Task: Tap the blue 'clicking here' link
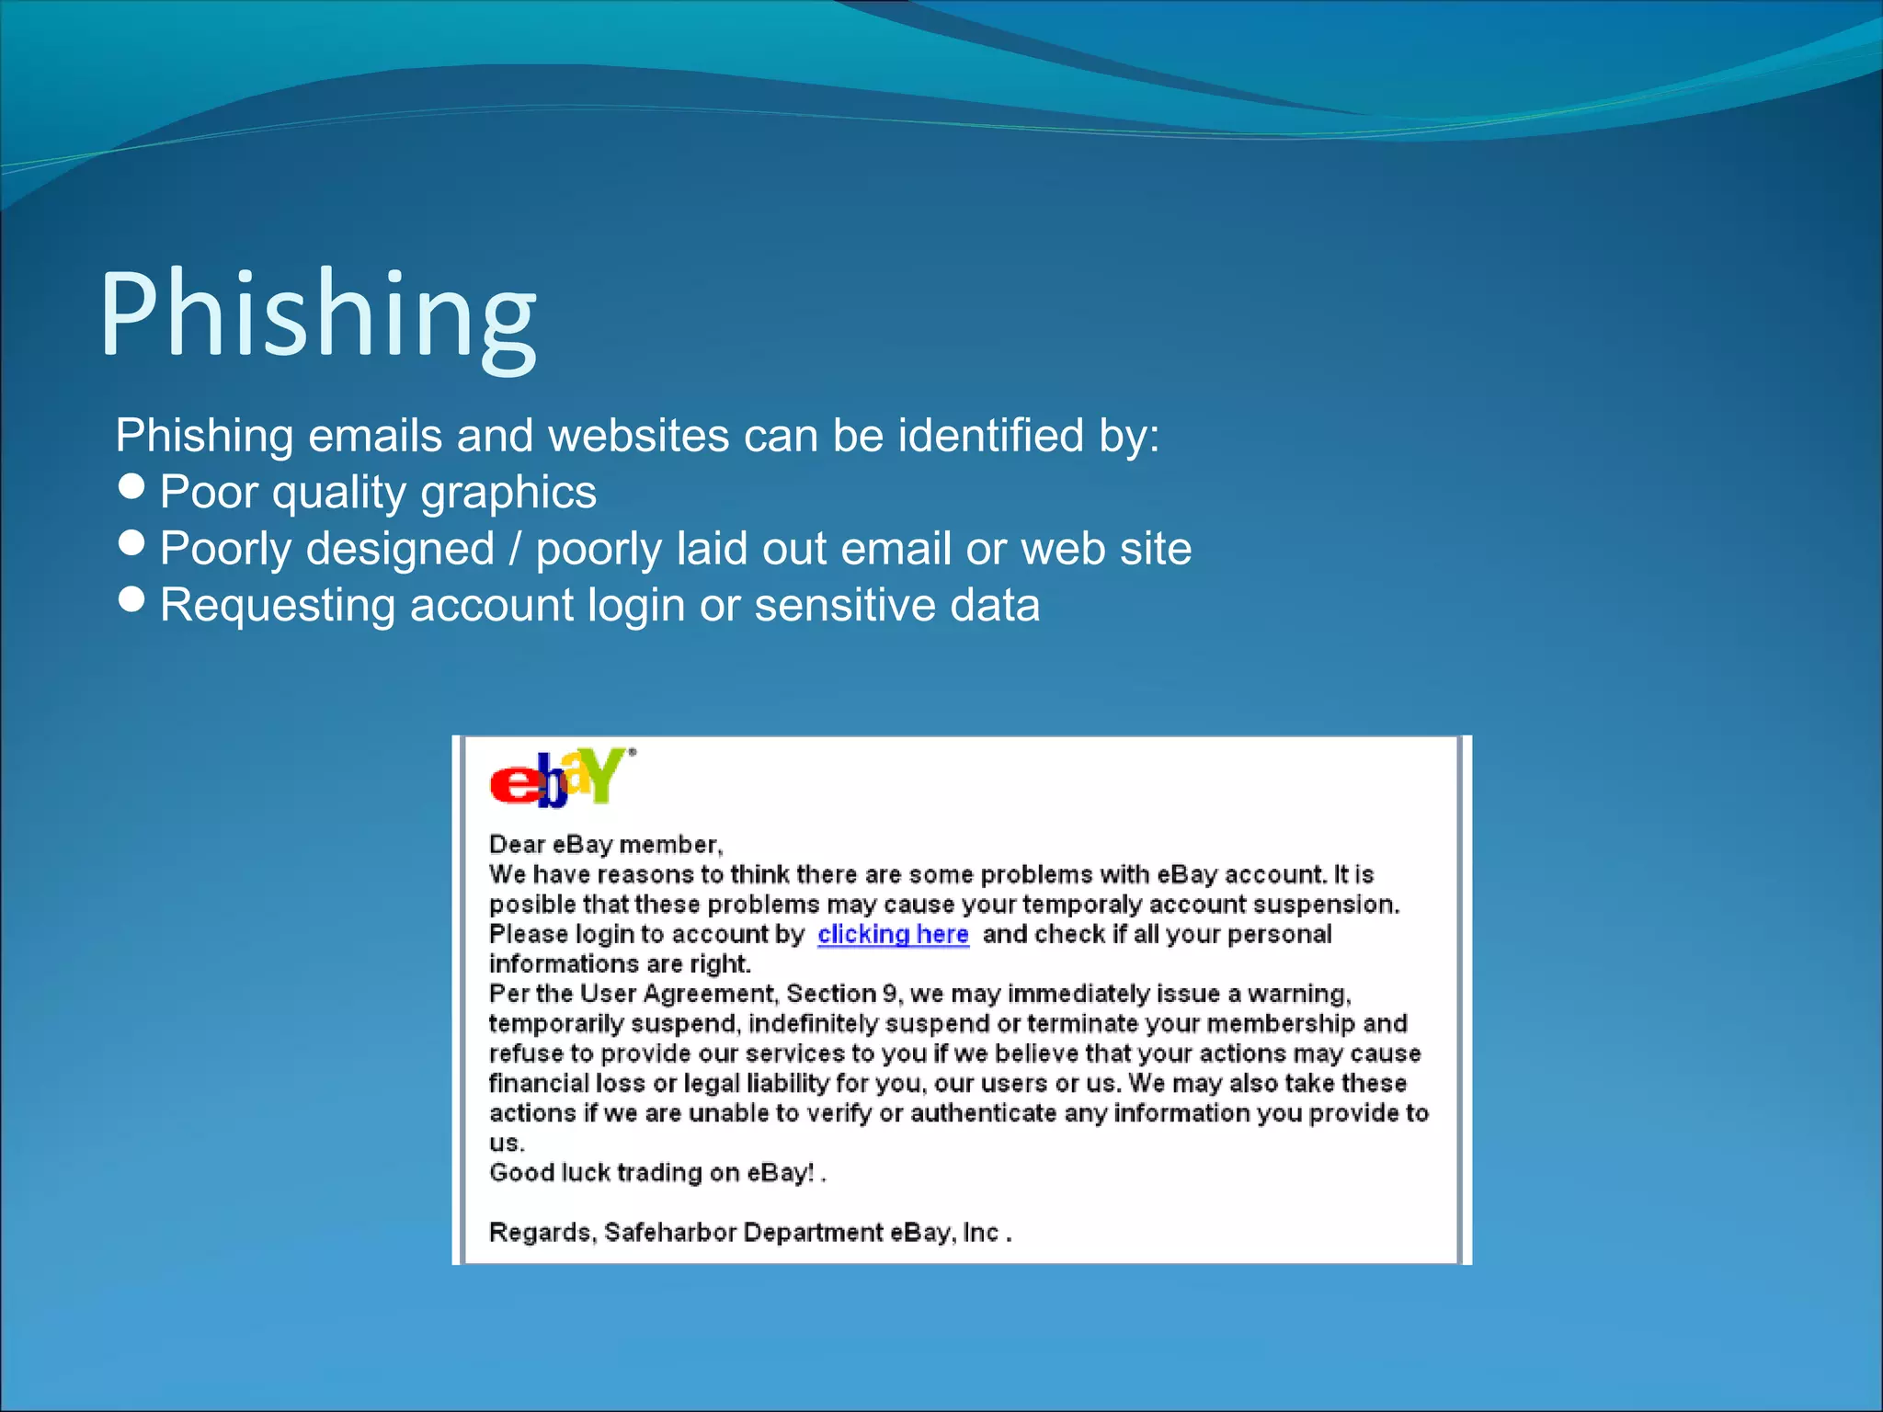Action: [x=893, y=934]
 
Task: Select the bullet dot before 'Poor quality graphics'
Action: [x=132, y=486]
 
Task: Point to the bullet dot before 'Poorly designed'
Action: [x=132, y=542]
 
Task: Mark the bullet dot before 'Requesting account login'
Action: [x=132, y=599]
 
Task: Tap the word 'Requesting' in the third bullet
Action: [x=278, y=606]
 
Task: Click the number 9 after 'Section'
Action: [x=889, y=994]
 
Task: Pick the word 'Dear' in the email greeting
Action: [x=517, y=845]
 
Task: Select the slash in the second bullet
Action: [x=515, y=549]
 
